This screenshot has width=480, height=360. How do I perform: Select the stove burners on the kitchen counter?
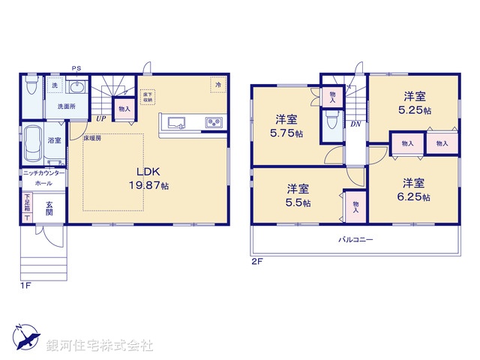(x=212, y=122)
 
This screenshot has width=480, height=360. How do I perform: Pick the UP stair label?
(x=100, y=118)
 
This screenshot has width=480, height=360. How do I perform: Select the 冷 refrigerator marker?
(x=217, y=85)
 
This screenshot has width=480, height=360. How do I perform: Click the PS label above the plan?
(x=76, y=67)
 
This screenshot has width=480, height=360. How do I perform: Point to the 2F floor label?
(x=256, y=261)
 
